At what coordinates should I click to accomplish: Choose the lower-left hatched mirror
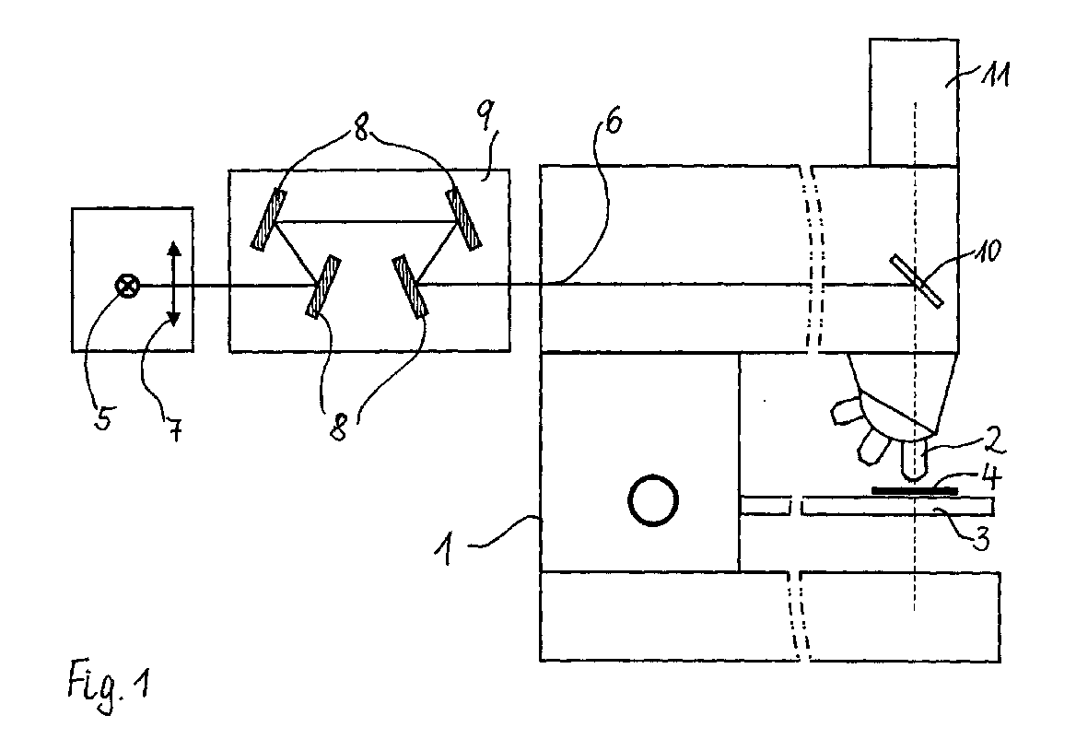(x=322, y=287)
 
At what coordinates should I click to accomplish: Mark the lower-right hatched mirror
(x=410, y=287)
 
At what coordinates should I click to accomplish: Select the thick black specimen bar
(x=912, y=490)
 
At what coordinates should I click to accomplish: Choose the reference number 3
(x=983, y=541)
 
